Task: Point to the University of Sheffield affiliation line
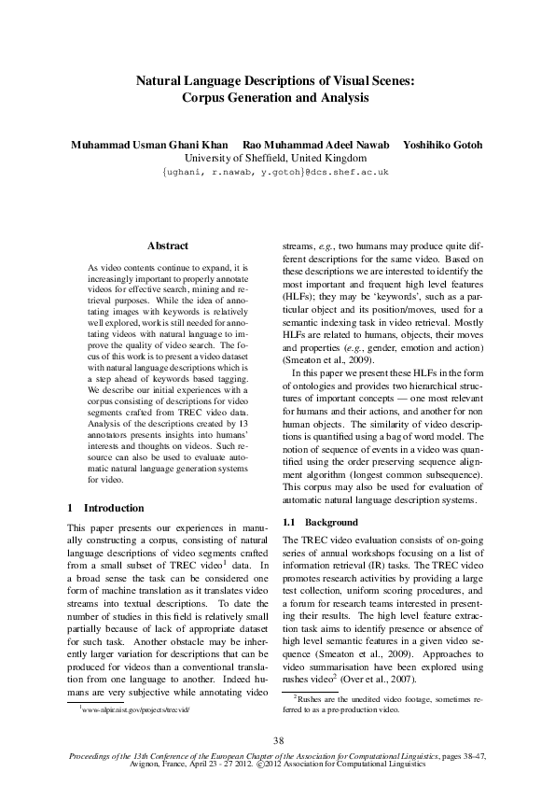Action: (276, 159)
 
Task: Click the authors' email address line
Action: (276, 173)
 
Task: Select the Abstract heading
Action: (168, 246)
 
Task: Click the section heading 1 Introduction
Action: (105, 508)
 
